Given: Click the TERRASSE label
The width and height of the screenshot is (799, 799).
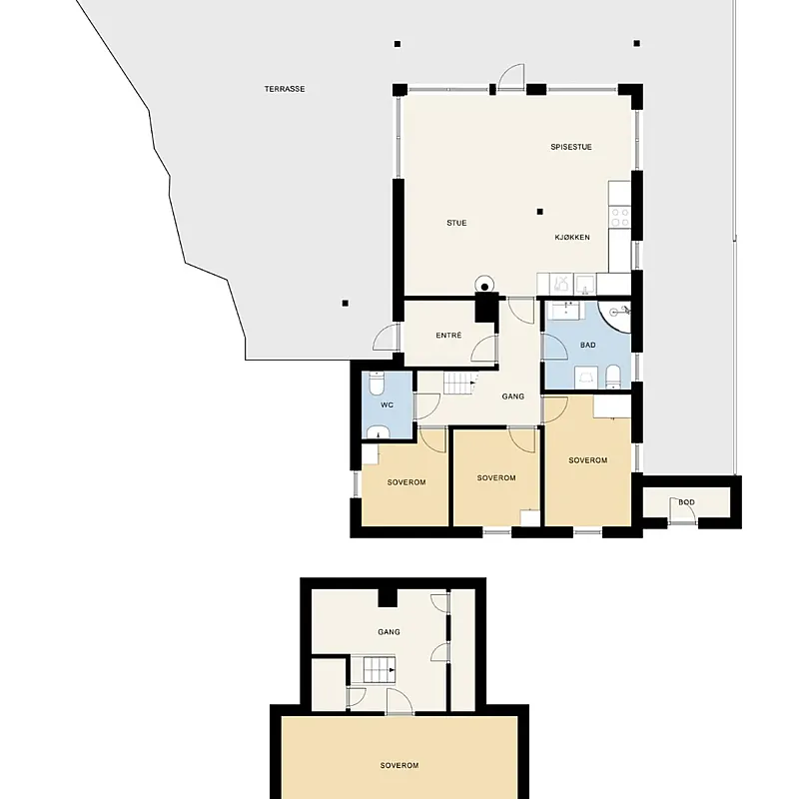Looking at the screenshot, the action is coord(285,89).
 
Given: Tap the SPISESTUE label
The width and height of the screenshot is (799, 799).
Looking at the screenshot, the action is coord(571,147).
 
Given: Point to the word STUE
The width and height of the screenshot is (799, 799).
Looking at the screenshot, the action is coord(456,223).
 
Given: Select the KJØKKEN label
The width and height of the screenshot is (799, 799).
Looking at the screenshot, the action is coord(572,237).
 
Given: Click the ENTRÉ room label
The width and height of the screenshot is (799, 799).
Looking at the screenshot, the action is coord(448,336).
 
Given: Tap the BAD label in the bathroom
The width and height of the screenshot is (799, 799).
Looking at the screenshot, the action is coord(588,345).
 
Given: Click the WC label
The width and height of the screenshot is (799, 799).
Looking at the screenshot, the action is coord(388,405).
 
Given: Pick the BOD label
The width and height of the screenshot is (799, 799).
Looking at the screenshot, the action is coord(686,502).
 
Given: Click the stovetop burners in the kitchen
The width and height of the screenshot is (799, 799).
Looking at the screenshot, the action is coord(620,217).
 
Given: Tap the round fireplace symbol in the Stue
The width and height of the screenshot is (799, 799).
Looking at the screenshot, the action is coord(484,286).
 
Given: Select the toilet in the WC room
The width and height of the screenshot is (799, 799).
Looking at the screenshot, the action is coord(377,384).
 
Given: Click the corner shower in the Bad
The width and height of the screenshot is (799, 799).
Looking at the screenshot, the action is coord(616,313).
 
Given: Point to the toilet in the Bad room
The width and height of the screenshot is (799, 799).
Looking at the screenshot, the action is coord(613,377).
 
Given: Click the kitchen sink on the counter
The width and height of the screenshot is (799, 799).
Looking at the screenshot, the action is coord(585,285).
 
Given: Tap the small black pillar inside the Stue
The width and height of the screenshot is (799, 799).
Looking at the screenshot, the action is coord(540,212).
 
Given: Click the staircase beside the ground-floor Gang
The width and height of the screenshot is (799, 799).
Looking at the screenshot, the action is coord(460,383).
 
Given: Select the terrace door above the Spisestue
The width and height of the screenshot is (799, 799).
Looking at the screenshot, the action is coord(511,77).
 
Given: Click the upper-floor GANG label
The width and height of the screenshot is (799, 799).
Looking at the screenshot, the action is coord(389,632).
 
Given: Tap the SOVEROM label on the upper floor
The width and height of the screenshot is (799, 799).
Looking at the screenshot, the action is coord(399,765).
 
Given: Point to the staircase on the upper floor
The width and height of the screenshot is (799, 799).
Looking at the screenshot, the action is coord(380,670).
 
